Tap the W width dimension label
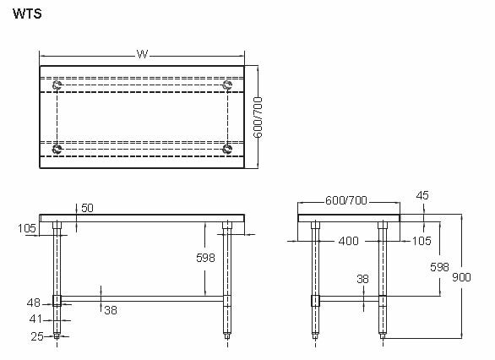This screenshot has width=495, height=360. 142,54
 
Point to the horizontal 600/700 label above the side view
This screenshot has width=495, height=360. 346,201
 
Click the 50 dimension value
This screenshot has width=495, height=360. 87,208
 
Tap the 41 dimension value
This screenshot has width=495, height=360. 35,319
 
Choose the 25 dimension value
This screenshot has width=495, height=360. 35,336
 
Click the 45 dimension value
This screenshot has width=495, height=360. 423,196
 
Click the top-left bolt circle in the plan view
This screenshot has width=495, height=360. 57,85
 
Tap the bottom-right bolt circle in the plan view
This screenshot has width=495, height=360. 227,149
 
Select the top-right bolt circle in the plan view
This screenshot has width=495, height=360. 227,85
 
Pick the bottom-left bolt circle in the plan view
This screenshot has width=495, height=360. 57,149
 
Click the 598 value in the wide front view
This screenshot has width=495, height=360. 205,257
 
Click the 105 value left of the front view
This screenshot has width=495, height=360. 26,227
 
